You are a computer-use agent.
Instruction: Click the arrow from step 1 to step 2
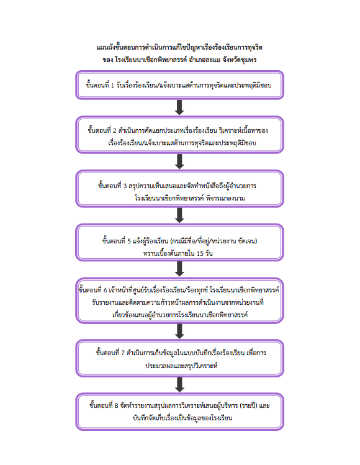[179, 107]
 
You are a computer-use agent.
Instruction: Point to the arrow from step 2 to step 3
[179, 161]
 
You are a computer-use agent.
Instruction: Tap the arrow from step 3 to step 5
[179, 215]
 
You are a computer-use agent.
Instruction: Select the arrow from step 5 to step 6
[179, 269]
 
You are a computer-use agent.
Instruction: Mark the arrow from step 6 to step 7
[179, 332]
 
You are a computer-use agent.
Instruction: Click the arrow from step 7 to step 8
[179, 385]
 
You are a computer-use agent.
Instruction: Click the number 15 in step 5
[200, 253]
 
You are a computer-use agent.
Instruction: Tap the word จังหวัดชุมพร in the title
[240, 60]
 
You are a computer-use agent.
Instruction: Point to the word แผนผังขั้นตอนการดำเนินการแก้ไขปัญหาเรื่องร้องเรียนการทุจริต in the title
[179, 47]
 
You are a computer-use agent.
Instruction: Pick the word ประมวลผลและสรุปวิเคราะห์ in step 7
[181, 366]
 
